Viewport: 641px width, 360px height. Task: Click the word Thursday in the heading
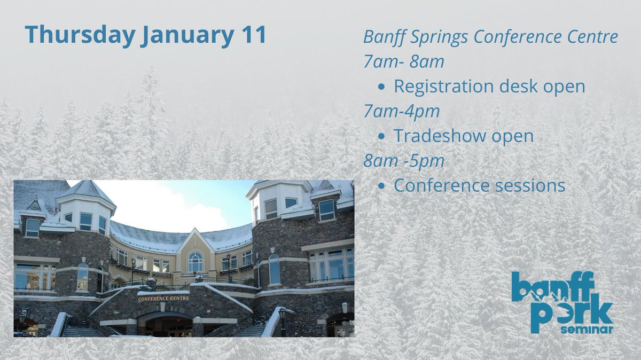click(x=79, y=35)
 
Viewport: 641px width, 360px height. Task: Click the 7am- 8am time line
click(x=403, y=62)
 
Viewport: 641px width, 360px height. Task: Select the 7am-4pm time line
click(x=401, y=112)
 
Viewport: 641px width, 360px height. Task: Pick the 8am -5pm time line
click(x=403, y=161)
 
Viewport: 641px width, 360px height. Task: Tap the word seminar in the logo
click(x=586, y=330)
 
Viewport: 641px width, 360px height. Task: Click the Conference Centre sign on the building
click(x=163, y=299)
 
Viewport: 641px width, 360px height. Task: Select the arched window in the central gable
click(x=196, y=262)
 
